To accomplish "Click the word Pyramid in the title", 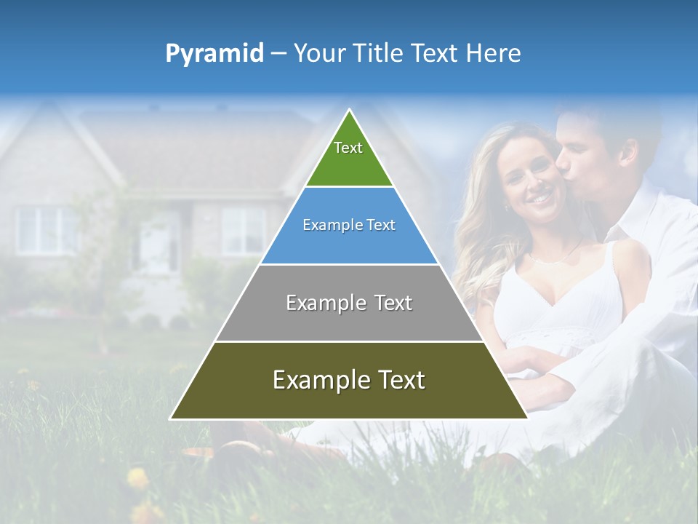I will (214, 54).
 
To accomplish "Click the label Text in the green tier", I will (348, 148).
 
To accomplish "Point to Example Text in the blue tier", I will (349, 225).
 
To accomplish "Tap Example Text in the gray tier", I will (349, 303).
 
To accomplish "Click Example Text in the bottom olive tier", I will (349, 380).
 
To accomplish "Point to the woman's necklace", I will (553, 256).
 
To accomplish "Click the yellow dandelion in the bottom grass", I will (137, 478).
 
